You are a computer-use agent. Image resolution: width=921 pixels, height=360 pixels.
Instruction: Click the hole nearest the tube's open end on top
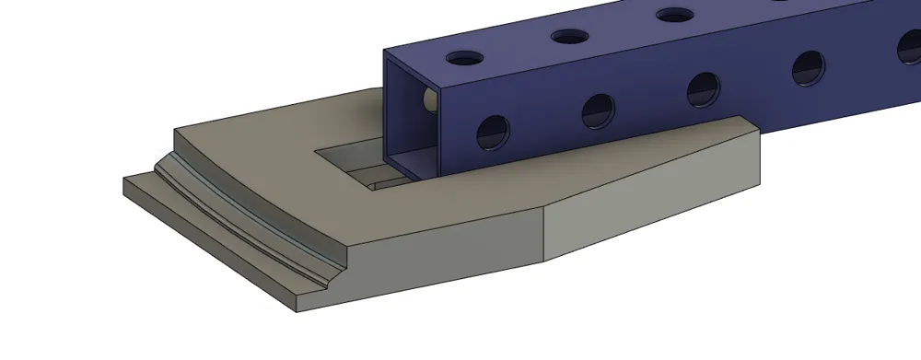(x=465, y=58)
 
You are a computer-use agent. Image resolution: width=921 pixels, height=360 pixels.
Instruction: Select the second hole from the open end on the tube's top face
(x=570, y=37)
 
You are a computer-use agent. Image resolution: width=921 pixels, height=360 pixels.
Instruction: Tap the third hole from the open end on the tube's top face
(x=675, y=16)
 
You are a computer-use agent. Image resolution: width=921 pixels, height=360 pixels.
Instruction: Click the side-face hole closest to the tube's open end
(x=493, y=133)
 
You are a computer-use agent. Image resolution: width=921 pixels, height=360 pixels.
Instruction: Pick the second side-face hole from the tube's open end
(x=598, y=110)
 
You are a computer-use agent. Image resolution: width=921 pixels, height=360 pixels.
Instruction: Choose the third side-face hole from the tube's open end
(x=705, y=88)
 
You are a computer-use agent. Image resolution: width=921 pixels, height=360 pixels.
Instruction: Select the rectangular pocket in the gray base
(x=355, y=164)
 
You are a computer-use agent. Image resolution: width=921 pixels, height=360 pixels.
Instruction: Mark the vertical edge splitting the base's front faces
(x=544, y=231)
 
